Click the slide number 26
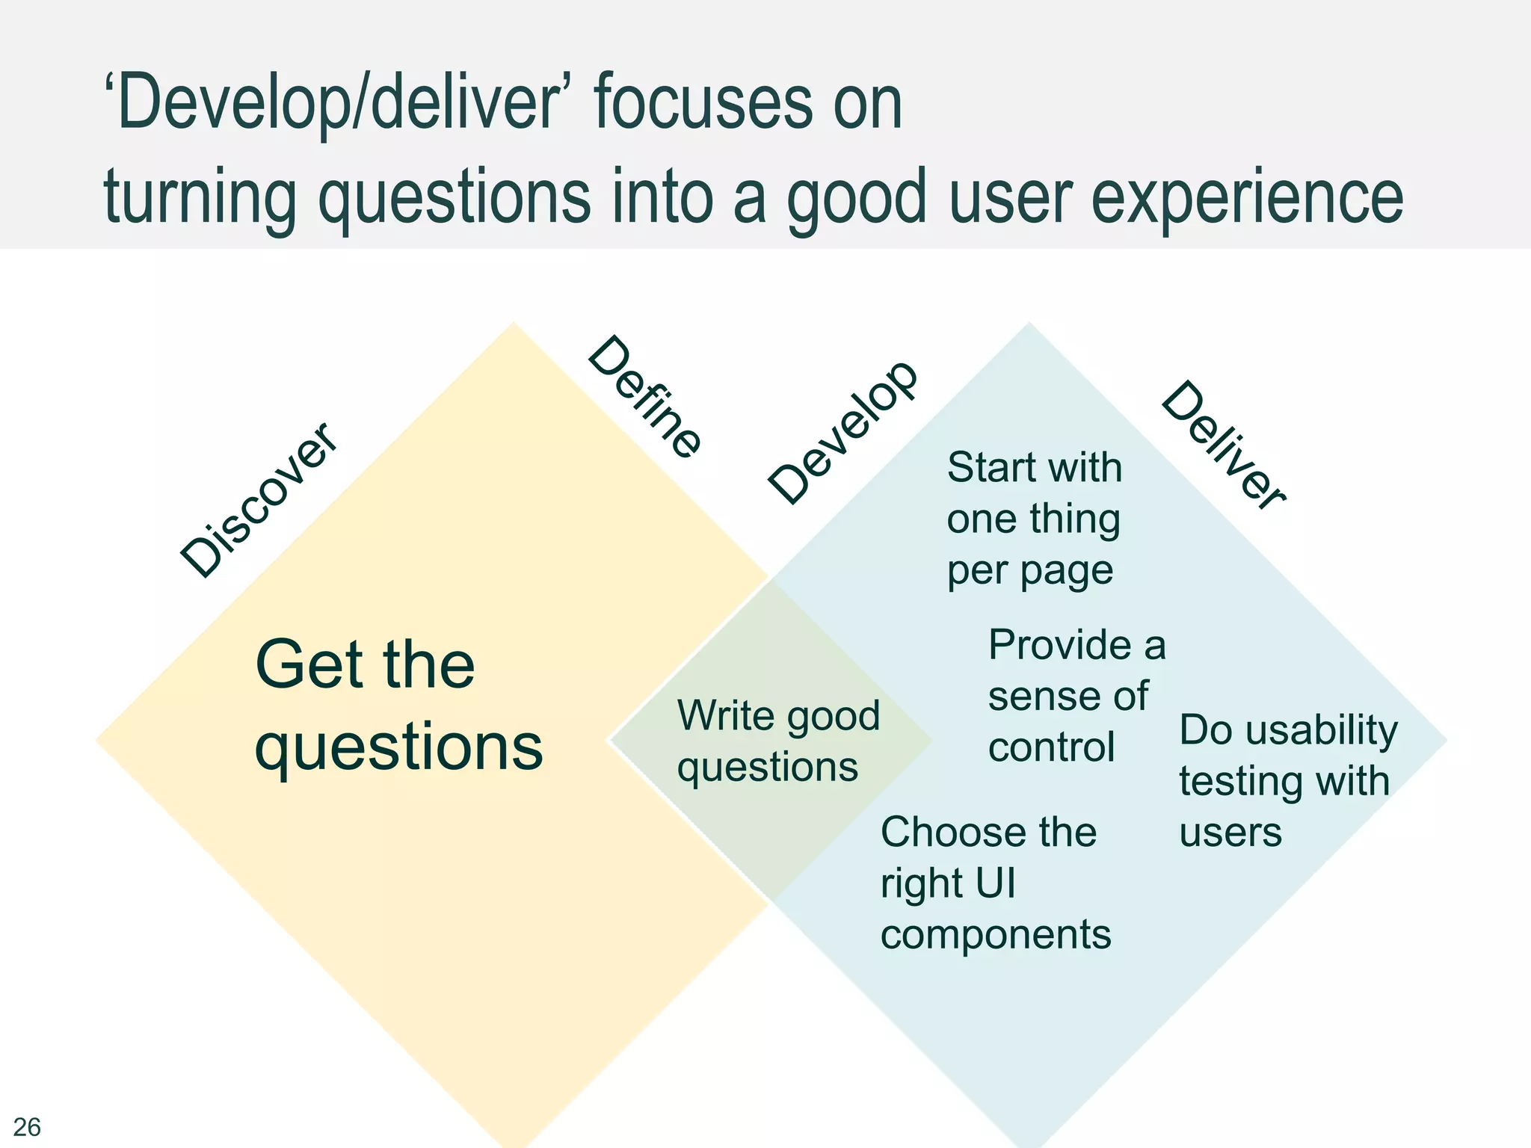(27, 1126)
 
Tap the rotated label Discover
(259, 499)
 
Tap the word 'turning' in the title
(200, 197)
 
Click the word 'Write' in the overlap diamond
(725, 715)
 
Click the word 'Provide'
(1060, 644)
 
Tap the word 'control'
(1051, 747)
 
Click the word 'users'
(1230, 833)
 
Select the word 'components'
(996, 934)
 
